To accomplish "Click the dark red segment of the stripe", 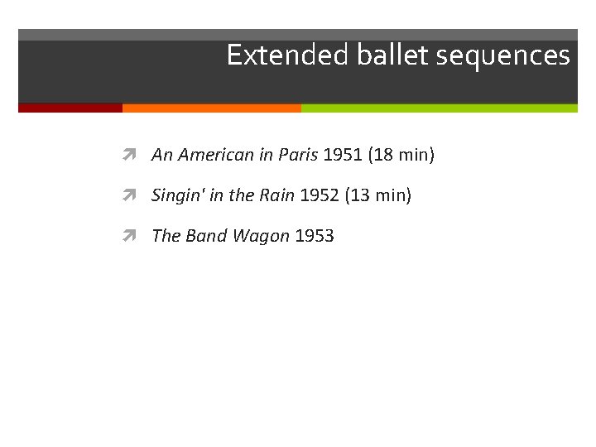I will [70, 108].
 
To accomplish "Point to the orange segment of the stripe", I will [211, 108].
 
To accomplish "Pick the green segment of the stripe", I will [439, 108].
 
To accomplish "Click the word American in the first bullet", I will [216, 155].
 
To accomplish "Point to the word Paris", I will [298, 155].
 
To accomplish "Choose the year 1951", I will [343, 155].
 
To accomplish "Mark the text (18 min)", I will [401, 155].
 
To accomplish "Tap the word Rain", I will [276, 195].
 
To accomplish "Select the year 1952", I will [320, 195].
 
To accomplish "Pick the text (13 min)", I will [378, 195].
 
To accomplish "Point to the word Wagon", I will [261, 236].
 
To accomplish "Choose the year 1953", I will [315, 236].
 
